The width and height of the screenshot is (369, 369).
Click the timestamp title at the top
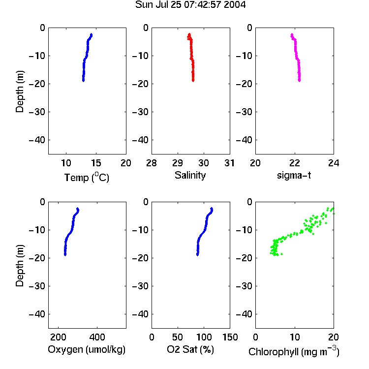190,5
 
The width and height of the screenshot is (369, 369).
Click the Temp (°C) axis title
87,177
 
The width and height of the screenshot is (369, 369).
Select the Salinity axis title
190,175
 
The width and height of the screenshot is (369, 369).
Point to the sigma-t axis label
294,175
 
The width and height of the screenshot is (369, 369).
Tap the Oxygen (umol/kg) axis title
87,349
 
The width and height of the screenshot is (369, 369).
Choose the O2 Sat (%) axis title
190,349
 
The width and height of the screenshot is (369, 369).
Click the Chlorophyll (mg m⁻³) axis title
294,351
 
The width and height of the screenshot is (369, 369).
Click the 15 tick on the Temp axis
96,163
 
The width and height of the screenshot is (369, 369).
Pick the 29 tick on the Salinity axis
178,163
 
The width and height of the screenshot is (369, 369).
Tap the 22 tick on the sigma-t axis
294,163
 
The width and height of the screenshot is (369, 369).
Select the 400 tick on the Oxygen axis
97,337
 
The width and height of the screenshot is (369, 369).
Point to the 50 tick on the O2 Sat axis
178,337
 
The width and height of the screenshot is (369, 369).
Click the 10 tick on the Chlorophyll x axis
294,337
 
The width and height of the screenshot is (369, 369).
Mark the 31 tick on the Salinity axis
229,163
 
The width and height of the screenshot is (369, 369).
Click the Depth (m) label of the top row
20,92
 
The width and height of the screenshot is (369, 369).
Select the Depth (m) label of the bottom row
20,266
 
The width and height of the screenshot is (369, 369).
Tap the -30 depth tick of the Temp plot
37,112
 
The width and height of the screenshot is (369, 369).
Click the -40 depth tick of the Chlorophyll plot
244,314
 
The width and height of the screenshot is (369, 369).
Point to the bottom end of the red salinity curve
193,81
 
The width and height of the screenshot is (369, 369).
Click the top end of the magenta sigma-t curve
292,34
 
